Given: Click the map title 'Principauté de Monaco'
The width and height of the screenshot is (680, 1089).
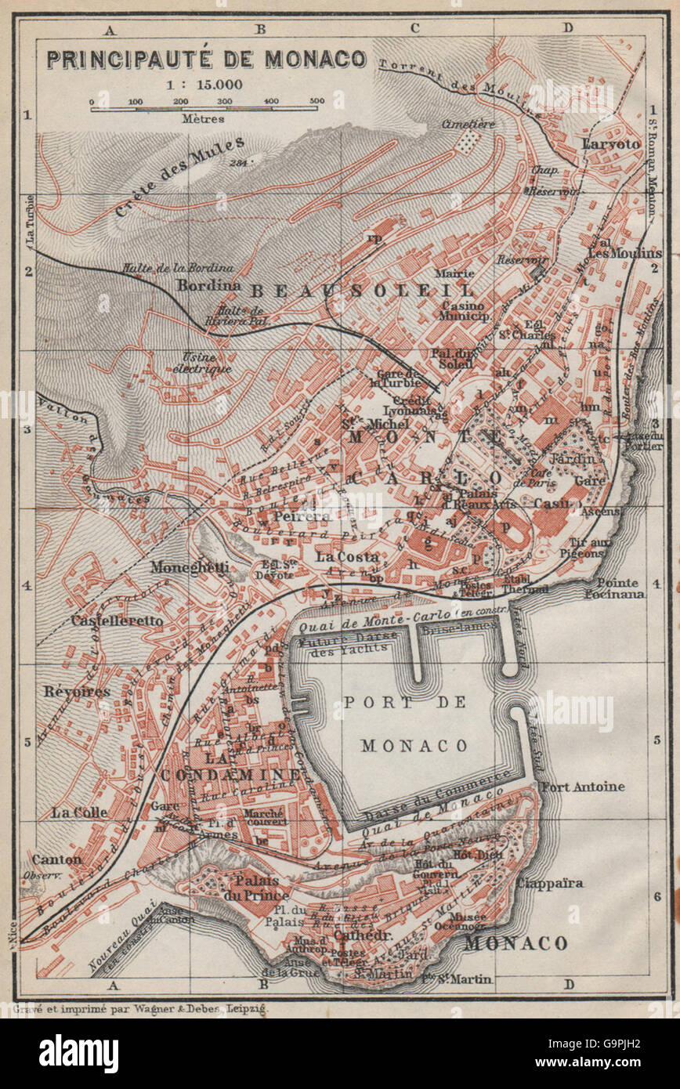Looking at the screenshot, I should (x=205, y=60).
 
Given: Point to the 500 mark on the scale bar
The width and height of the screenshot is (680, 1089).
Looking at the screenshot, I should (x=316, y=102).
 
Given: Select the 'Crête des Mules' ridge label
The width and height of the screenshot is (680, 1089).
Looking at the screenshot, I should (x=180, y=175).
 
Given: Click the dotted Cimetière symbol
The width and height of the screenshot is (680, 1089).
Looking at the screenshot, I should (x=468, y=142).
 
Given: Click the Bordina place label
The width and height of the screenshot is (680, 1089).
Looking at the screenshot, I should (x=208, y=285).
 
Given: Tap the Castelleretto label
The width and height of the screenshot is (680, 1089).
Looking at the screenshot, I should (x=117, y=620).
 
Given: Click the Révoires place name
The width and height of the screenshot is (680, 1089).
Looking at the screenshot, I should (x=76, y=691).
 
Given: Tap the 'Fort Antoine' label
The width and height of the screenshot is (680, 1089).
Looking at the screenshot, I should (x=583, y=786).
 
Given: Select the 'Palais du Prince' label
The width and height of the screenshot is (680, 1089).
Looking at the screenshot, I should (x=256, y=887).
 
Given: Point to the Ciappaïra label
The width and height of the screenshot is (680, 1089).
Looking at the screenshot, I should (x=549, y=883).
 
